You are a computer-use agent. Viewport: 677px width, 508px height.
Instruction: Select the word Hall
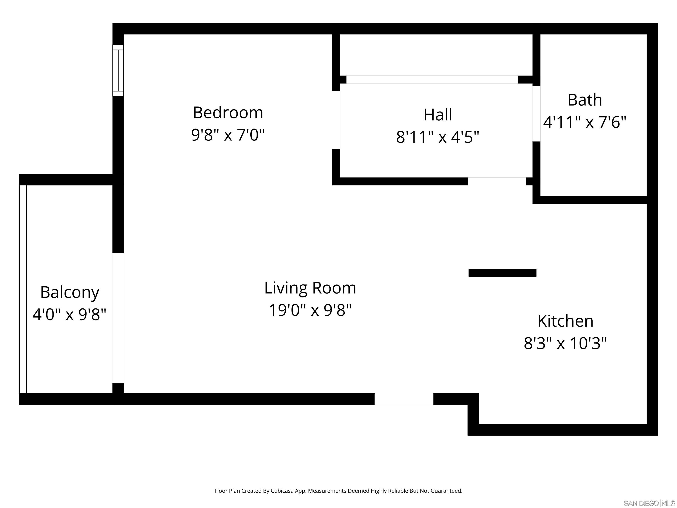click(x=438, y=115)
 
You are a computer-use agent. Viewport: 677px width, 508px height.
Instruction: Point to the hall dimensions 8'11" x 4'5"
click(x=438, y=137)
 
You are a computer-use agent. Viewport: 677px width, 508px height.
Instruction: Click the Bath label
click(x=585, y=100)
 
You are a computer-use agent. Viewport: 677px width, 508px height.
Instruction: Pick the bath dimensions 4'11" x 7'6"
click(x=585, y=122)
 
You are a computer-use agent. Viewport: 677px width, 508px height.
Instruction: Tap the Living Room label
click(x=310, y=288)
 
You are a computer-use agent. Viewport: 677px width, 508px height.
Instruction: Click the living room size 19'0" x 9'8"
click(x=310, y=310)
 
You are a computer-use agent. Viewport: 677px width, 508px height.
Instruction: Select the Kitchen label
click(x=565, y=321)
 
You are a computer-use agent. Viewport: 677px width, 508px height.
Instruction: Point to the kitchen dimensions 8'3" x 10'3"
click(x=565, y=343)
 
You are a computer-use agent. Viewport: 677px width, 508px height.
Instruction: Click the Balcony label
click(x=70, y=292)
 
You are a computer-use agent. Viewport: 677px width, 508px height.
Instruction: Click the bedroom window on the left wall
click(x=118, y=70)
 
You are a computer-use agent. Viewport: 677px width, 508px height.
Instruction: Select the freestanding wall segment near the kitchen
click(x=502, y=273)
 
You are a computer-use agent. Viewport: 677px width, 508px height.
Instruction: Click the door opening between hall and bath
click(x=536, y=114)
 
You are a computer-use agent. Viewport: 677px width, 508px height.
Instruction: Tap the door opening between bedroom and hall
click(x=336, y=120)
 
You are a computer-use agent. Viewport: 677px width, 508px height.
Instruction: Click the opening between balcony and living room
click(x=118, y=318)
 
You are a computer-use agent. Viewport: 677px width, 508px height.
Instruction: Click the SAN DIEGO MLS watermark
click(x=649, y=503)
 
